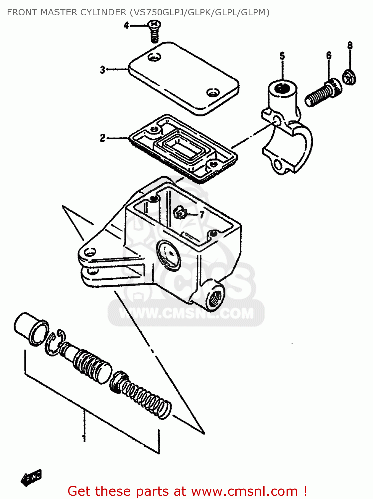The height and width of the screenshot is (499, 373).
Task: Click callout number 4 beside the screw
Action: (126, 25)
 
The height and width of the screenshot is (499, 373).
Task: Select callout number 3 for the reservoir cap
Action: (103, 70)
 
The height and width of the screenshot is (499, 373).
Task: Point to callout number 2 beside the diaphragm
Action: (103, 138)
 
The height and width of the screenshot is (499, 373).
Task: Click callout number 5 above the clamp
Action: (282, 56)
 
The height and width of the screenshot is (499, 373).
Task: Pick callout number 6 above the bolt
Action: (329, 55)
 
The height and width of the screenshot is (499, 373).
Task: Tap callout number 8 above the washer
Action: (350, 46)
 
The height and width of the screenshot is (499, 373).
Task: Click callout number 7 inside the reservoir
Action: (202, 215)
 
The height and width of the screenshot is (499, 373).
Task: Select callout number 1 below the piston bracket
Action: (84, 437)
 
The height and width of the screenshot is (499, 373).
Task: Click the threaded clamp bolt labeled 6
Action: (322, 93)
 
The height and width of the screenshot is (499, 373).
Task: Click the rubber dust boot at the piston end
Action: (31, 329)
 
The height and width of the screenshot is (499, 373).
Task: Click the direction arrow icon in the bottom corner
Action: (32, 478)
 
